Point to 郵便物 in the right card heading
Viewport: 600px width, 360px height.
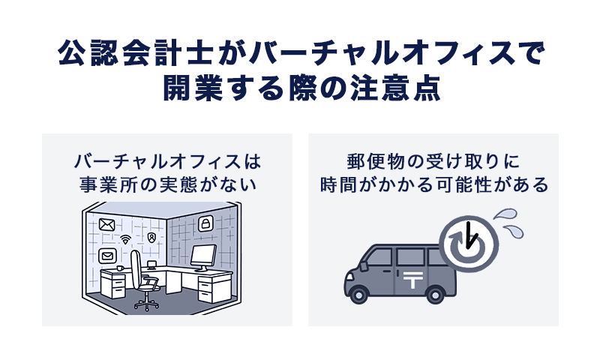(x=370, y=162)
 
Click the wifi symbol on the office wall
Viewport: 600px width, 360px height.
(x=125, y=240)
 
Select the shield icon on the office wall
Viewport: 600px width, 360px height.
(x=152, y=237)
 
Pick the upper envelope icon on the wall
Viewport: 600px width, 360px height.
(x=106, y=223)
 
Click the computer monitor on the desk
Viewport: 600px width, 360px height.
(x=202, y=257)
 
